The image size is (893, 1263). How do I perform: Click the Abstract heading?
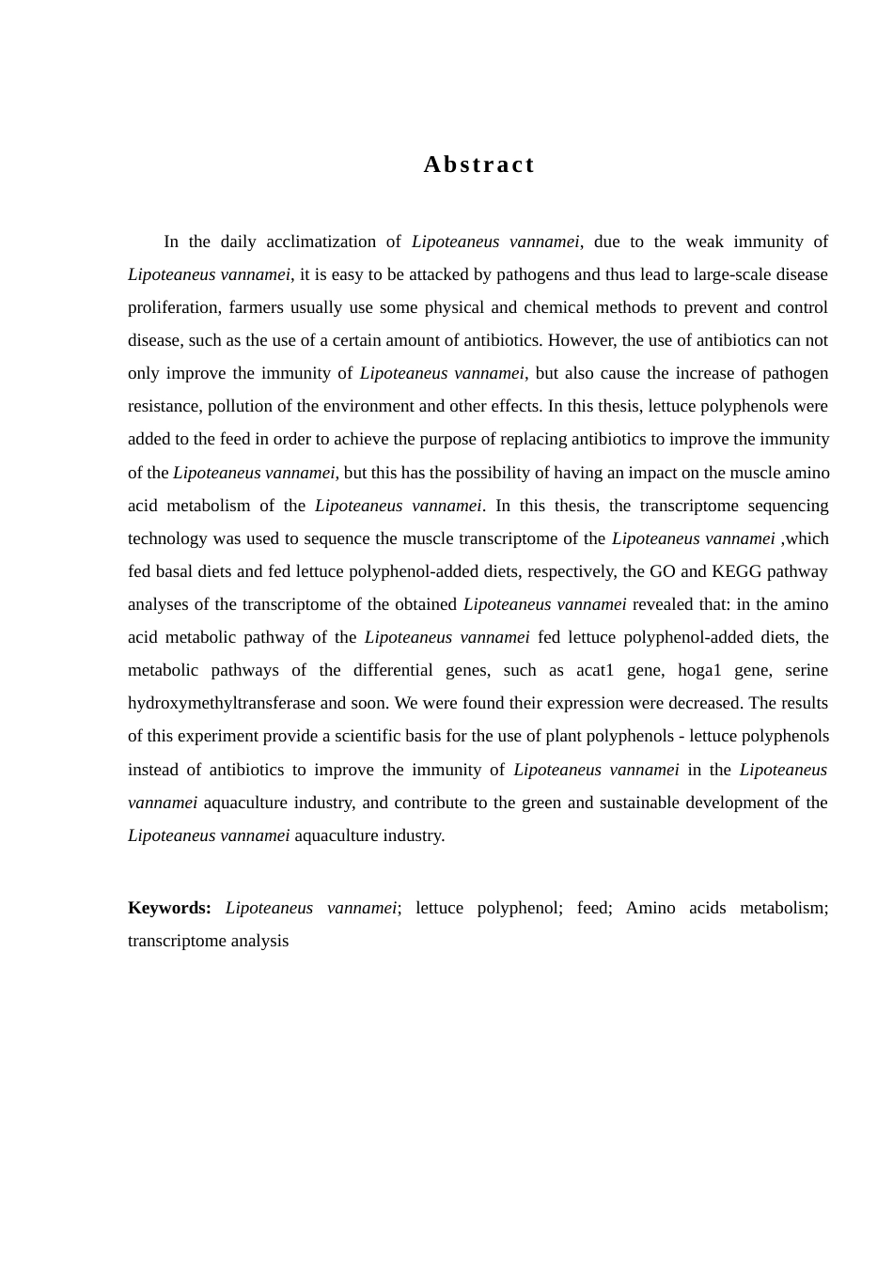click(478, 164)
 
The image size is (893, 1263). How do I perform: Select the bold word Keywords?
click(169, 908)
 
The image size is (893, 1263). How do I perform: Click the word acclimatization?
click(321, 242)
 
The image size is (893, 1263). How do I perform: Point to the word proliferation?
click(174, 307)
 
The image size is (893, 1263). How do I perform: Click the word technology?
click(167, 538)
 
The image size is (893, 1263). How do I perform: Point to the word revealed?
click(663, 604)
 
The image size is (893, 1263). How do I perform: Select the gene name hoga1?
click(699, 670)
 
